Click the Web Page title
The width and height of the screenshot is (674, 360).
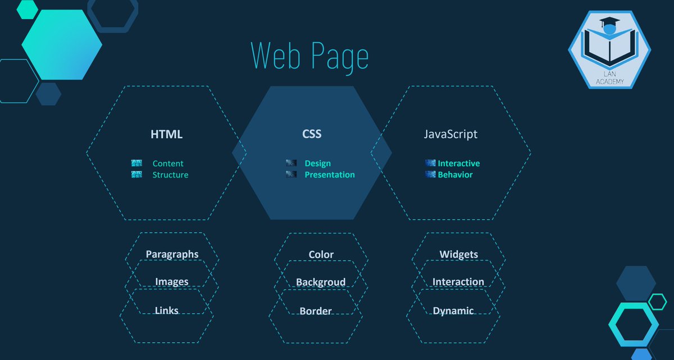(309, 57)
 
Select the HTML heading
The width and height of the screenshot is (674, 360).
(166, 135)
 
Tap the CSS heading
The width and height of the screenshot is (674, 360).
(312, 135)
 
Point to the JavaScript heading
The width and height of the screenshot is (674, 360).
(450, 135)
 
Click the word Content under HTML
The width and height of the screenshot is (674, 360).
(168, 163)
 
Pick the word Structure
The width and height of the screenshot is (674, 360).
(170, 175)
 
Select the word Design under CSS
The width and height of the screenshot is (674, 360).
(317, 163)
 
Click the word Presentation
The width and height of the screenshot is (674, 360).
(330, 175)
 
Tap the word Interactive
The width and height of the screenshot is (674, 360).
(459, 163)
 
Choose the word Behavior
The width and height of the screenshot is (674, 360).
(455, 175)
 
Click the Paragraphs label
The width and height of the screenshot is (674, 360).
(172, 254)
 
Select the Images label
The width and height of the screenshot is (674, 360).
(172, 282)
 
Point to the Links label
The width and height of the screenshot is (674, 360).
(166, 311)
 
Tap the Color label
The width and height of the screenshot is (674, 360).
(321, 255)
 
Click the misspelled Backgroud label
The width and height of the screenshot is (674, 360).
(321, 282)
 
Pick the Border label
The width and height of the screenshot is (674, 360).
(316, 311)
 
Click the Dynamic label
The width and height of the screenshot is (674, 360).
(453, 311)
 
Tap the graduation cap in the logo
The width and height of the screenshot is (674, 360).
(609, 24)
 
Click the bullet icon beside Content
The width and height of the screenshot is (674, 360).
(136, 163)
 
